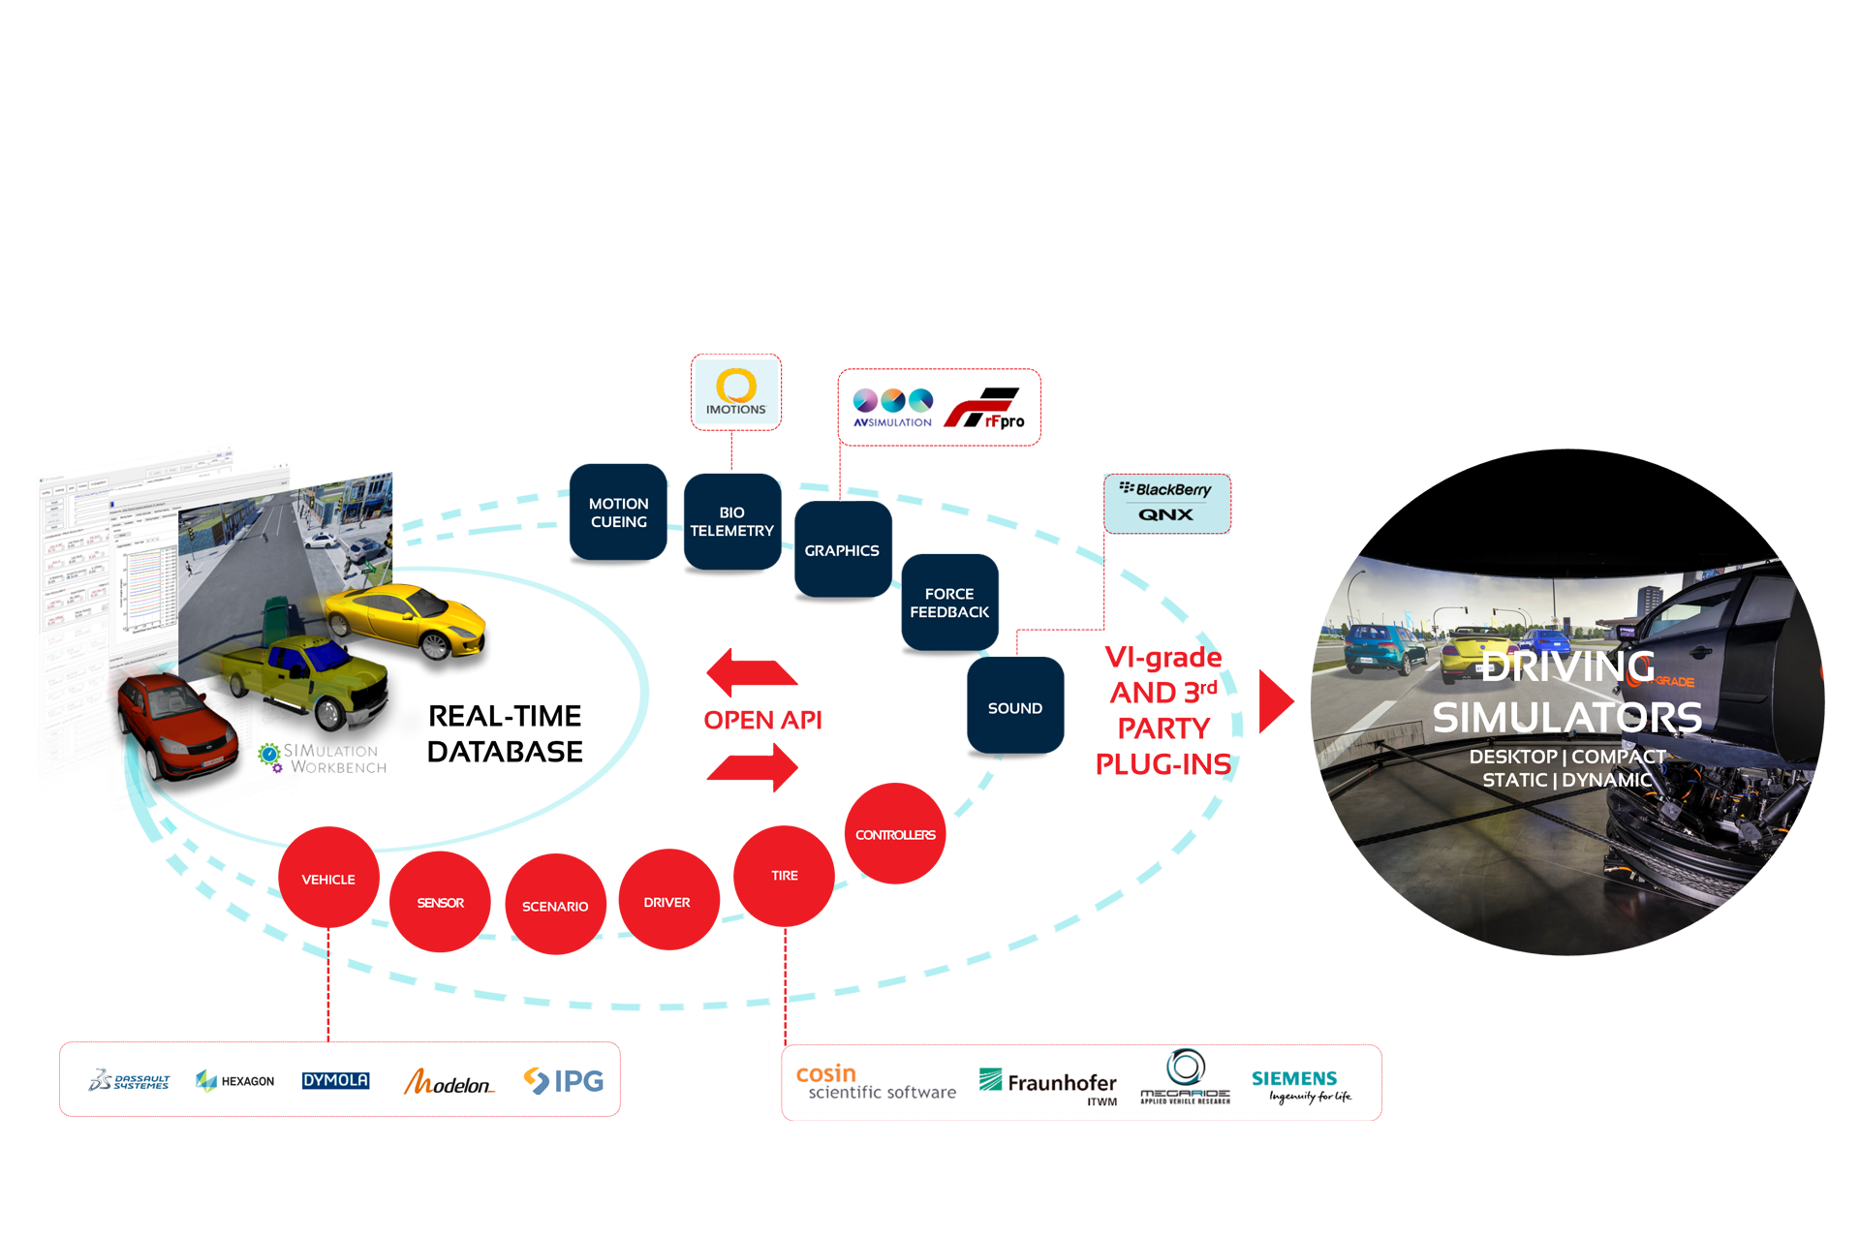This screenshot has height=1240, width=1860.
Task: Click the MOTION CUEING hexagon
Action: (618, 513)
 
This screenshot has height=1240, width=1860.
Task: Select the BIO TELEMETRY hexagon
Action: (731, 522)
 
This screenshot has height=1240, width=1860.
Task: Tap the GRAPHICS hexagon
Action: (841, 550)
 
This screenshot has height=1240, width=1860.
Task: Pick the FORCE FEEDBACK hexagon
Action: (949, 603)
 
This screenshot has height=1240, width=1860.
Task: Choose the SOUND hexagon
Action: (1014, 708)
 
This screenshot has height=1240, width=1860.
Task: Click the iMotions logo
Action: (736, 391)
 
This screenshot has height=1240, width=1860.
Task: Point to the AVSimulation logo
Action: (892, 408)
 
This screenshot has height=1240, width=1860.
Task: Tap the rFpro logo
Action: (985, 409)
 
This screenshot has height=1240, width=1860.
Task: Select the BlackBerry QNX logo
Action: (1166, 502)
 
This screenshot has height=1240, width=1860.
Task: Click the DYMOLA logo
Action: (335, 1080)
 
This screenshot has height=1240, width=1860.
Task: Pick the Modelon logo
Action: (449, 1082)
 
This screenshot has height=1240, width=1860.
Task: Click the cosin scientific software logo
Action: (875, 1083)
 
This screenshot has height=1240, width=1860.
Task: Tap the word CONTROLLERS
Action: (895, 835)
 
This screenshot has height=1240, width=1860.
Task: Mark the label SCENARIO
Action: (555, 907)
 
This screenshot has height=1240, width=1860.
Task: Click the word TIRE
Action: (785, 876)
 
